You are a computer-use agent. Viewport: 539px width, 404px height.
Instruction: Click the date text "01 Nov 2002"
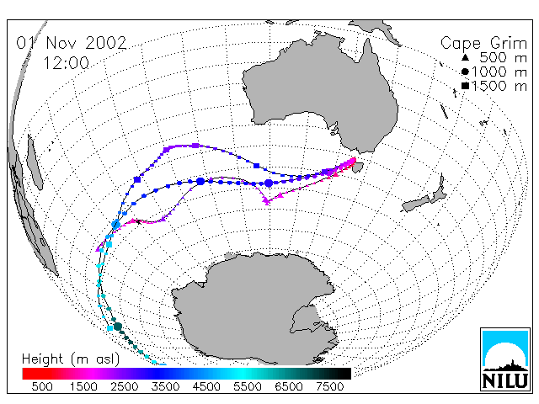point(72,43)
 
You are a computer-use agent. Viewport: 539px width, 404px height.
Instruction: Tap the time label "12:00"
point(67,63)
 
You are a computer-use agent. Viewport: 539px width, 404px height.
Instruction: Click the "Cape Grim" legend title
point(483,44)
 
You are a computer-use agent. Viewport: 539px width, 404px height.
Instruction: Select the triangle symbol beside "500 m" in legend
point(465,57)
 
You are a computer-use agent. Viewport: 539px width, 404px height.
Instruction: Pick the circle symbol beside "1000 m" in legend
point(465,72)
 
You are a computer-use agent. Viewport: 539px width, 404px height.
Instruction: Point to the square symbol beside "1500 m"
point(465,86)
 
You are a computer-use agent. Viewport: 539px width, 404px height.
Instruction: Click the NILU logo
point(505,359)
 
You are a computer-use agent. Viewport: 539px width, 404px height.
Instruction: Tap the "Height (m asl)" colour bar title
point(71,359)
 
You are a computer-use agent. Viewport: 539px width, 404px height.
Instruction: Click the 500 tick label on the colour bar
point(42,386)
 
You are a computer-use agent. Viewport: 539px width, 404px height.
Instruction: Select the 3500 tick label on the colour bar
point(165,386)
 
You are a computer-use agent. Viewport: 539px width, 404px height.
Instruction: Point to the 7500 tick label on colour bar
point(329,386)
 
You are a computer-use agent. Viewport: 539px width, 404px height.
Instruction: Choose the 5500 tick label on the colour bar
point(248,386)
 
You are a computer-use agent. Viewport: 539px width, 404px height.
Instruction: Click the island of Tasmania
point(358,167)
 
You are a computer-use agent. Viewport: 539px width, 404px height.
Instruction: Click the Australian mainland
point(320,96)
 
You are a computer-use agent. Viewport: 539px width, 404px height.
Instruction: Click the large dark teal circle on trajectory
point(118,327)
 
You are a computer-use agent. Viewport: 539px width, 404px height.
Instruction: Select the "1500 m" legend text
point(499,86)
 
